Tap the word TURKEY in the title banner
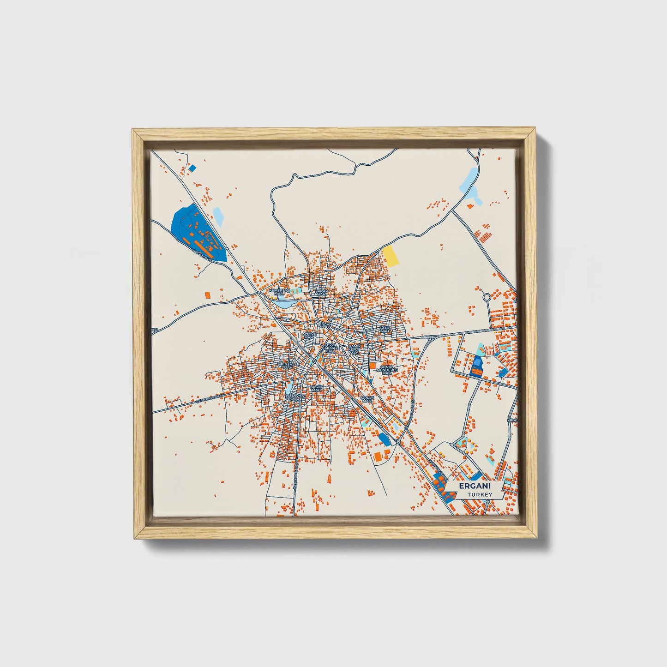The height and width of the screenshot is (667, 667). tap(479, 494)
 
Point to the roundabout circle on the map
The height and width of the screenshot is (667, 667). tap(487, 298)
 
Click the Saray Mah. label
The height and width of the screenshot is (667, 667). tap(320, 292)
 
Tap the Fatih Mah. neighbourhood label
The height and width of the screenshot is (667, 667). tap(385, 329)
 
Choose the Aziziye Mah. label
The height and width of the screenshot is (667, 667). tap(309, 336)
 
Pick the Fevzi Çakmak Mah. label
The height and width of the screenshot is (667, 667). tap(330, 348)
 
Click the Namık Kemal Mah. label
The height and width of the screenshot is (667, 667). tap(354, 349)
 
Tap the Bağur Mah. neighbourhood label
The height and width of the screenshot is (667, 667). tap(316, 388)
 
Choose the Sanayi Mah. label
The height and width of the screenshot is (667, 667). tap(367, 399)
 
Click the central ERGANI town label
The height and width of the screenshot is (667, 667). tap(325, 324)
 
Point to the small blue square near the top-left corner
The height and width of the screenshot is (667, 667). tap(192, 168)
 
